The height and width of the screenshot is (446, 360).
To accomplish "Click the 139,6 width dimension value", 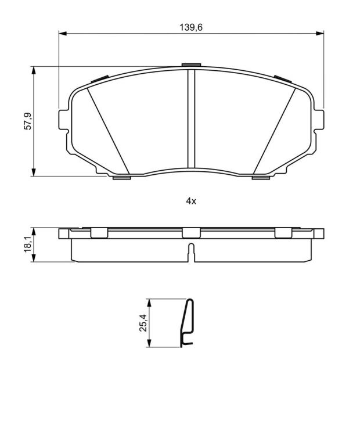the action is tap(191, 28).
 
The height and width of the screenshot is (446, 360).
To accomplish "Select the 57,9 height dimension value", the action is tap(28, 121).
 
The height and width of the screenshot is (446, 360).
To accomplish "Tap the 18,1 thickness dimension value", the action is tap(28, 244).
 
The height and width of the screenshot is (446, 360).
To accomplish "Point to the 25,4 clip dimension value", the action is tap(143, 323).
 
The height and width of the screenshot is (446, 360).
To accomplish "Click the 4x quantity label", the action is tap(191, 202).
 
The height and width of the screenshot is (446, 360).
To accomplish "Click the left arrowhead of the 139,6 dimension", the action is tap(63, 34).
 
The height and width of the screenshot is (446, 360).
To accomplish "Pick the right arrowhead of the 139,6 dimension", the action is tap(320, 34).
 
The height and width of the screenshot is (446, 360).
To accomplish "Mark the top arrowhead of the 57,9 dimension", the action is tap(34, 70).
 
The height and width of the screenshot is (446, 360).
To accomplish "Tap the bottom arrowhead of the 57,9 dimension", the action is tap(34, 172).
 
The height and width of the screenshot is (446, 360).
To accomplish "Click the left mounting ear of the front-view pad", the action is tap(64, 120).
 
